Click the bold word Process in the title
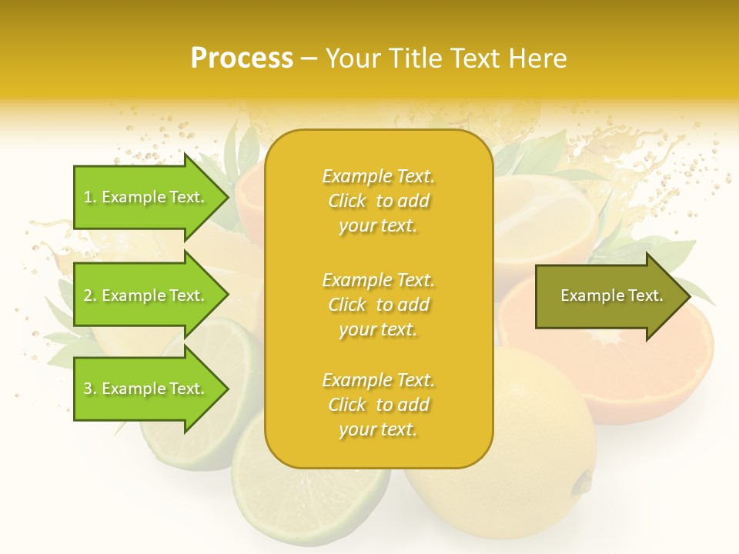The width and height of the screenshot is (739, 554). click(x=242, y=58)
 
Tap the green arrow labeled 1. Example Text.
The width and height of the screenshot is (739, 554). click(x=146, y=197)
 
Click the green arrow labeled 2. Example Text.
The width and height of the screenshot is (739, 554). click(x=146, y=295)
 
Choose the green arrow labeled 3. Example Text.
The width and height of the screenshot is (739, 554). click(x=146, y=389)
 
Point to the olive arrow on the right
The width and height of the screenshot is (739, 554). click(x=608, y=295)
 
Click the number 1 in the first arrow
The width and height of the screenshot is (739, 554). click(x=88, y=197)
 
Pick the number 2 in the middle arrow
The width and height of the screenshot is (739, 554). click(x=88, y=295)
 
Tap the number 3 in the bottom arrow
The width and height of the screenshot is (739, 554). click(x=88, y=389)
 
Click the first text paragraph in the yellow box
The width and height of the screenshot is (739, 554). click(x=378, y=201)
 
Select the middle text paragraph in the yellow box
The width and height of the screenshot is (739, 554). click(x=378, y=305)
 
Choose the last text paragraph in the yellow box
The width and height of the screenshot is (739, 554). click(x=378, y=405)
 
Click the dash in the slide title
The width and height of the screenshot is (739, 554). click(x=309, y=58)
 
